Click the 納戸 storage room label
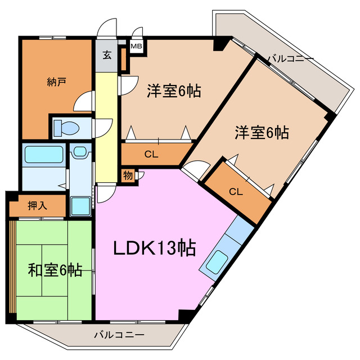[57, 82]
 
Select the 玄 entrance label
[106, 55]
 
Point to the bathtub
[44, 154]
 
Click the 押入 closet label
[37, 206]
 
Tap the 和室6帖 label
[55, 271]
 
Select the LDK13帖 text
[155, 247]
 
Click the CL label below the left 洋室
[151, 154]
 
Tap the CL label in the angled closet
[236, 192]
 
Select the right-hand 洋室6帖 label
[262, 133]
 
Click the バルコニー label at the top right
[290, 57]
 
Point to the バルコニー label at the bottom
[119, 335]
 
